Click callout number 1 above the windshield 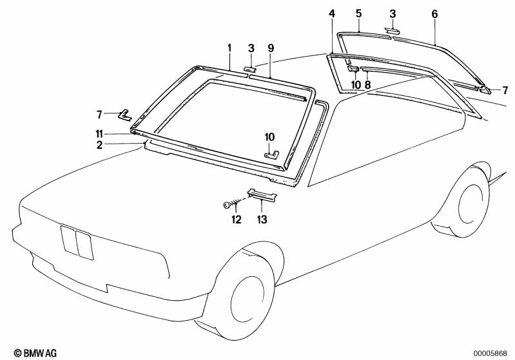point(229,48)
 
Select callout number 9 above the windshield point(271,48)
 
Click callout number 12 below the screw point(236,220)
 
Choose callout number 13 point(262,220)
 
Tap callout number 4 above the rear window point(332,13)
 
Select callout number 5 point(359,13)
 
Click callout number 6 point(434,13)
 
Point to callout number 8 point(367,84)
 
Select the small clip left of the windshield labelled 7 point(126,115)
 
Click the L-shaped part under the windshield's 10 point(272,153)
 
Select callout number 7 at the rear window point(505,90)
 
